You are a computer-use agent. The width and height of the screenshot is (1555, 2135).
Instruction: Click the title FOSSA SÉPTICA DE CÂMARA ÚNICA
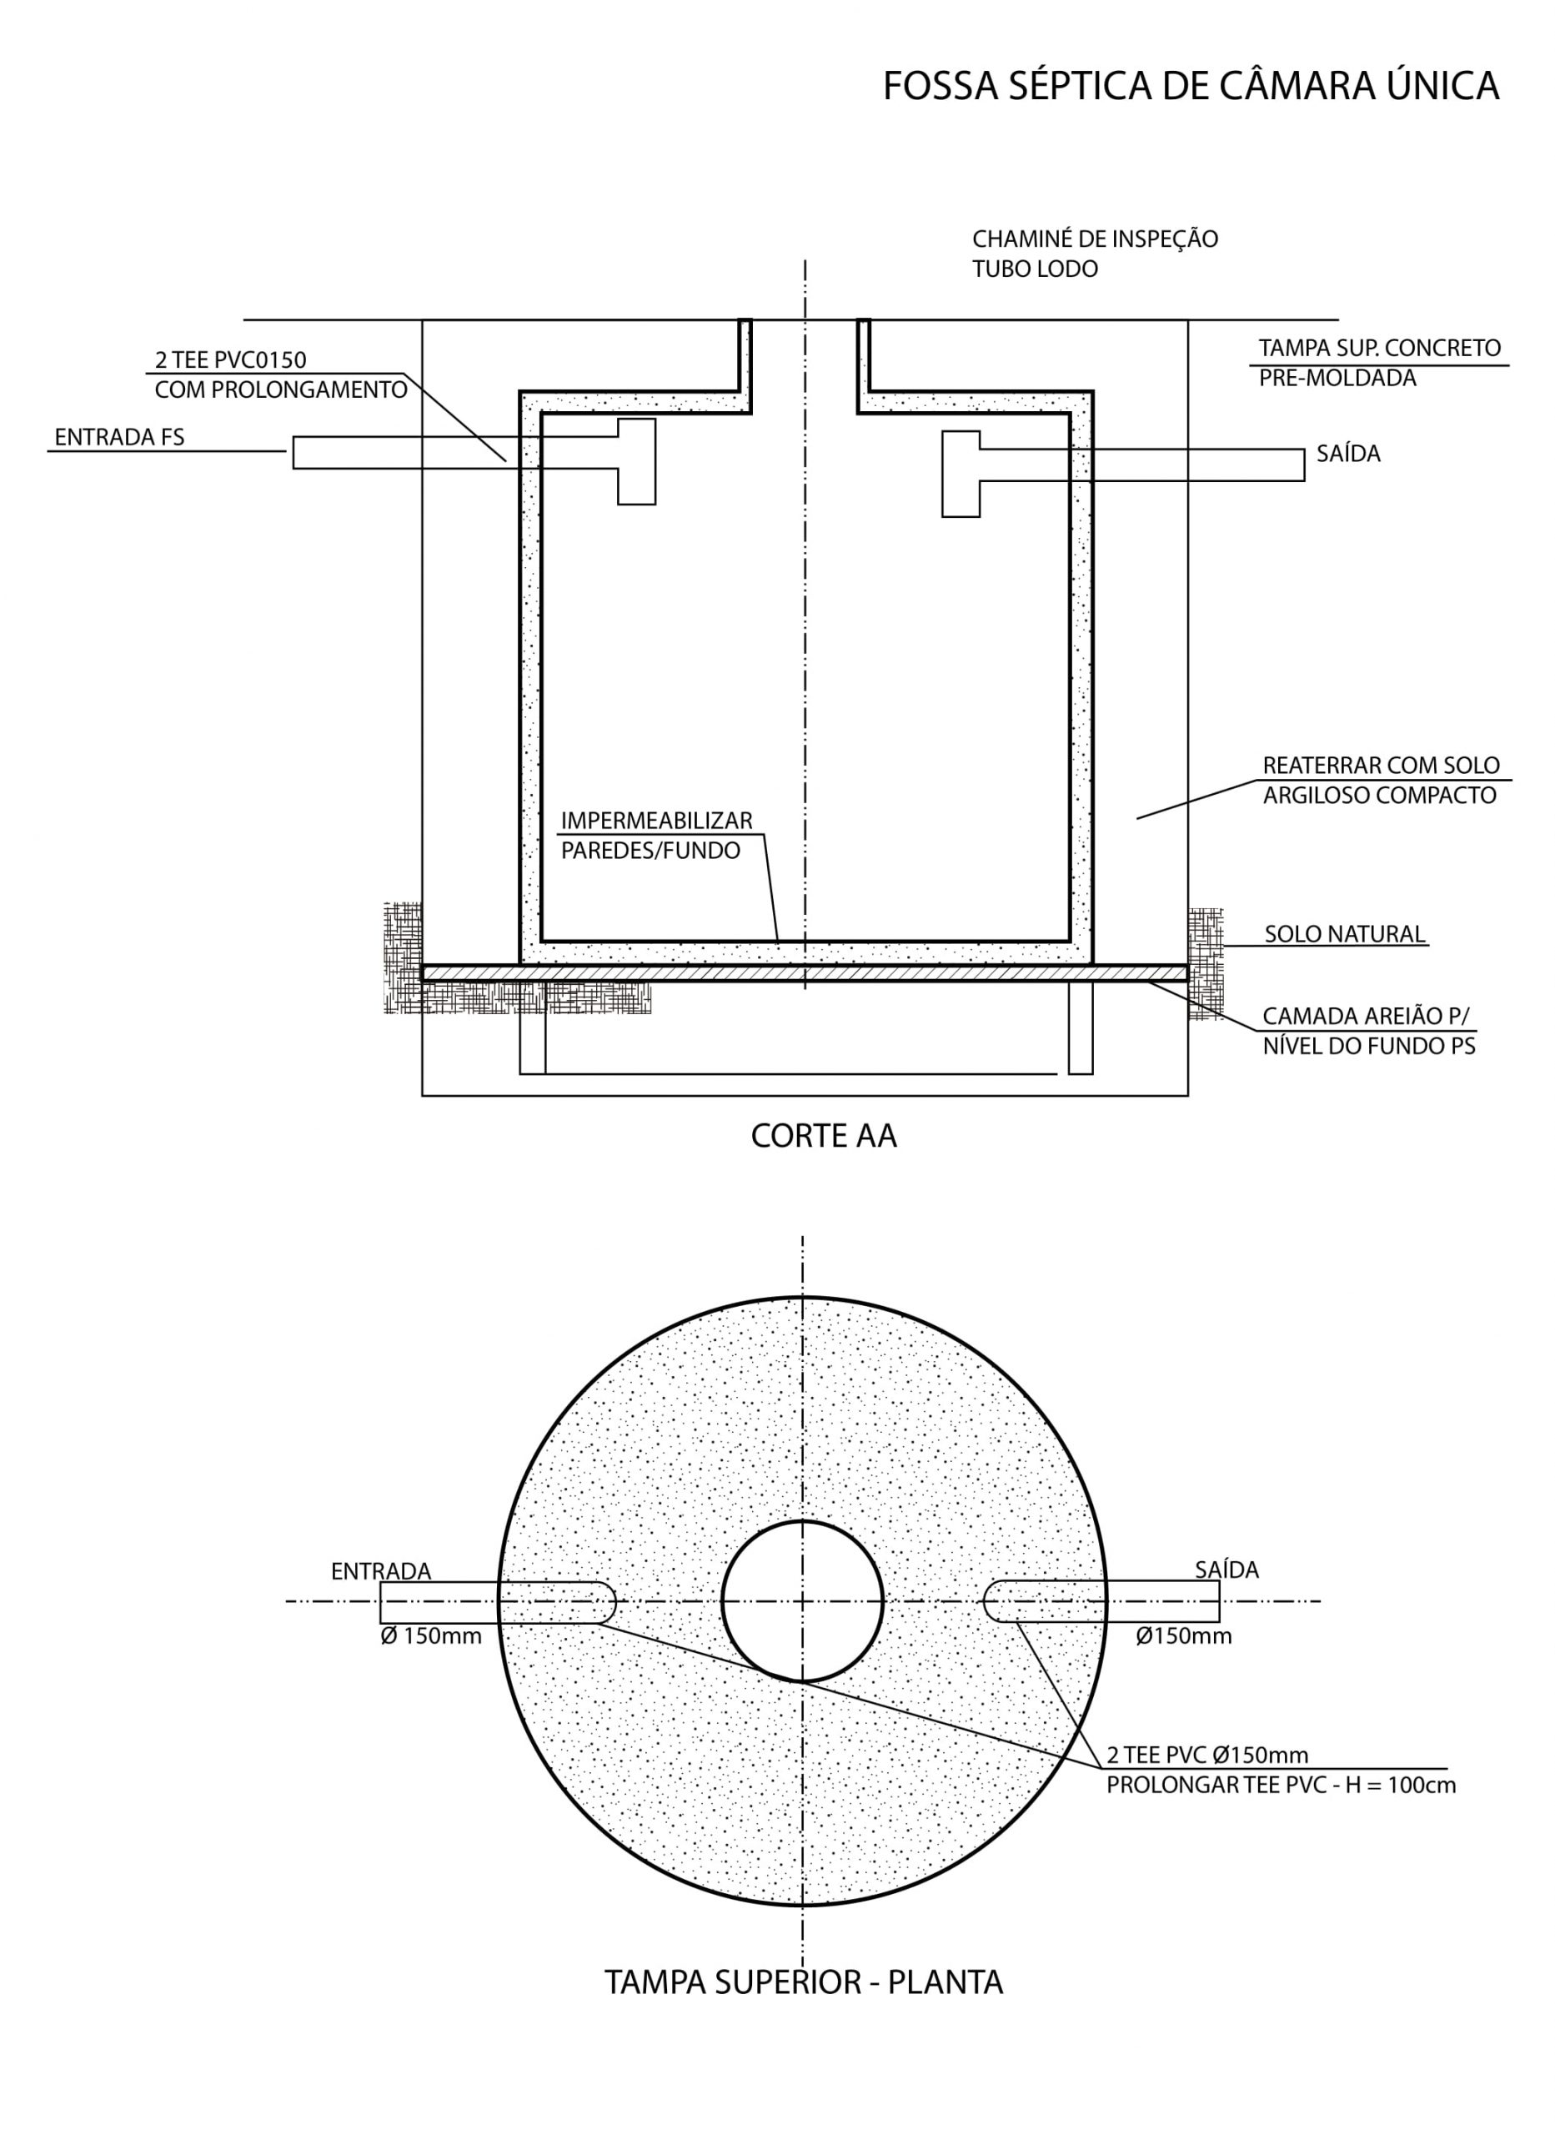click(x=1191, y=87)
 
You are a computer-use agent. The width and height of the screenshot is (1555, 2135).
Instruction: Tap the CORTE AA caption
click(x=824, y=1136)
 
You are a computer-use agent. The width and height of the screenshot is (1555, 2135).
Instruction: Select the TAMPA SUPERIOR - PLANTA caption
click(x=804, y=1982)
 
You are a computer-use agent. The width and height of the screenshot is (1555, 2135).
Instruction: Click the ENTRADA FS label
click(x=119, y=437)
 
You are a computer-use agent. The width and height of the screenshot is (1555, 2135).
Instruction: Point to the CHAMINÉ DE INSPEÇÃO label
click(x=1095, y=239)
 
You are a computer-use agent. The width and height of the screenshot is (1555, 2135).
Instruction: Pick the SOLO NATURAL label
click(x=1345, y=934)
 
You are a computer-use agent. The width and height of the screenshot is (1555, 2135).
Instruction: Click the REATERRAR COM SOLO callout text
click(x=1381, y=765)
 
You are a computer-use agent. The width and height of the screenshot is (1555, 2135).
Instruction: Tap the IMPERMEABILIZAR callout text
click(x=657, y=820)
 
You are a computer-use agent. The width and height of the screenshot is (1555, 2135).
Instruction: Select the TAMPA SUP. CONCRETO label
click(x=1380, y=348)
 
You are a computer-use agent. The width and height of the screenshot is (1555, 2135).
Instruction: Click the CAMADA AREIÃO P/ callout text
click(x=1365, y=1016)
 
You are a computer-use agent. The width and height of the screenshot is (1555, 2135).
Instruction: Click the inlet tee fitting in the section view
click(x=636, y=461)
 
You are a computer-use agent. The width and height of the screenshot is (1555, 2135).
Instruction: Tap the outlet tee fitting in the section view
click(x=961, y=474)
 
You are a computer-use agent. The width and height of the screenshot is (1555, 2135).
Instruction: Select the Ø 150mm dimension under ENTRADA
click(x=431, y=1636)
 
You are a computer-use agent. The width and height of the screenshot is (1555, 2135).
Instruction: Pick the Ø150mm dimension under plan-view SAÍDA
click(x=1183, y=1636)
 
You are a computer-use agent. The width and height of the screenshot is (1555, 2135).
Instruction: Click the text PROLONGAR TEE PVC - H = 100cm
click(x=1281, y=1785)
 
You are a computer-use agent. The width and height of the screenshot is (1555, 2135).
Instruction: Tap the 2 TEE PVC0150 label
click(x=231, y=359)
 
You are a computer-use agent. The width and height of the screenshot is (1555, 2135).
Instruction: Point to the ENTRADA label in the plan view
click(x=381, y=1571)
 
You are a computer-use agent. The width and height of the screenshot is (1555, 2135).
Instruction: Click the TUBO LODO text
click(x=1036, y=269)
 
